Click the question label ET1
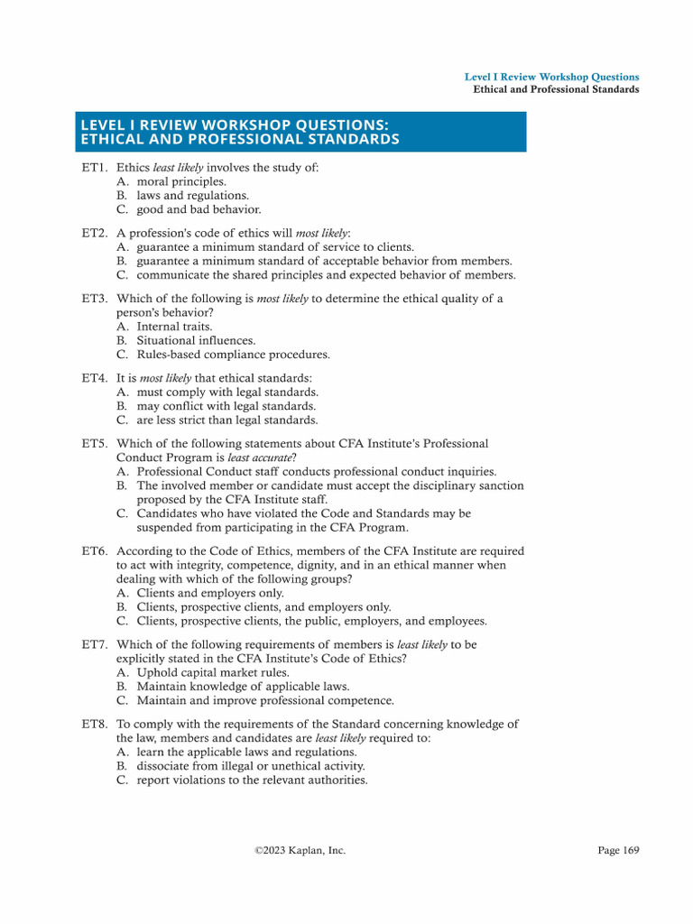pyautogui.click(x=94, y=168)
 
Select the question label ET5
pyautogui.click(x=94, y=444)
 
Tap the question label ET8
pyautogui.click(x=94, y=724)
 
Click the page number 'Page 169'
pyautogui.click(x=618, y=850)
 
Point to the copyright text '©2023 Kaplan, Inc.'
pyautogui.click(x=300, y=850)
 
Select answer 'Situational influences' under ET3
pyautogui.click(x=196, y=341)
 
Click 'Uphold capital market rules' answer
pyautogui.click(x=213, y=672)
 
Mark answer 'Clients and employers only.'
pyautogui.click(x=210, y=593)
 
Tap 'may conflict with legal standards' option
pyautogui.click(x=227, y=406)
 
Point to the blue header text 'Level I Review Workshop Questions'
pyautogui.click(x=551, y=78)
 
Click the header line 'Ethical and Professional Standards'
pyautogui.click(x=556, y=89)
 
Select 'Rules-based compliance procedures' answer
pyautogui.click(x=233, y=355)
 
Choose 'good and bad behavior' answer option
pyautogui.click(x=199, y=209)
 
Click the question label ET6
pyautogui.click(x=94, y=551)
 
